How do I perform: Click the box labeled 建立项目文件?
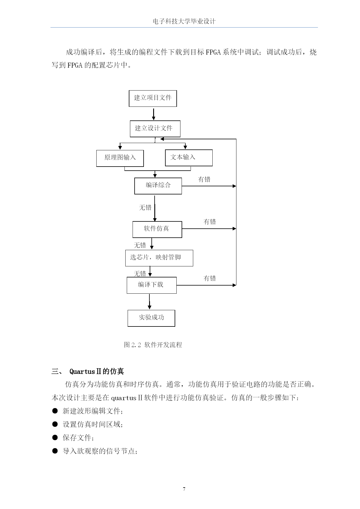coord(153,98)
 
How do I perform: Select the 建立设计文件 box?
coord(155,129)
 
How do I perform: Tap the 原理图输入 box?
coord(120,158)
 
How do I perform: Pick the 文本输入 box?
coord(189,158)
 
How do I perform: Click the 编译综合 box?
coord(158,186)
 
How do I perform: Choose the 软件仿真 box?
coord(157,230)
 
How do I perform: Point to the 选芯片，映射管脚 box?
coord(159,258)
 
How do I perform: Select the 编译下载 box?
coord(152,285)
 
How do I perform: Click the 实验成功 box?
coord(151,318)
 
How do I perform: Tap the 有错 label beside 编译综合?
coord(204,179)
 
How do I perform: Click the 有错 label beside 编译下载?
coord(210,278)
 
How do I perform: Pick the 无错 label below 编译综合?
coord(145,207)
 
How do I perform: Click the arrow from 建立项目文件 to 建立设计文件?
coord(153,114)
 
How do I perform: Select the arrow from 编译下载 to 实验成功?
coord(149,302)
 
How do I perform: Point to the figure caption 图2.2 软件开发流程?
coord(153,345)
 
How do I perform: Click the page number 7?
coord(184,489)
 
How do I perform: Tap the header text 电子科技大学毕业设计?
coord(184,21)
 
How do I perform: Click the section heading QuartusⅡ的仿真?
coord(97,371)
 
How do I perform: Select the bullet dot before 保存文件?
coord(55,437)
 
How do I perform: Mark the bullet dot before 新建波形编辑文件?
coord(55,411)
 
